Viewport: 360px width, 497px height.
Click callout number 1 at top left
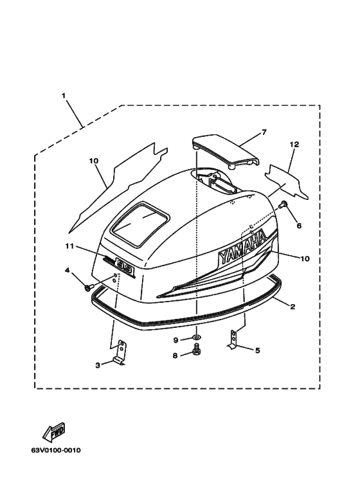pyautogui.click(x=64, y=95)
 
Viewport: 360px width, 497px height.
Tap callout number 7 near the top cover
pyautogui.click(x=264, y=132)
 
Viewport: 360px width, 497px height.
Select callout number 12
pyautogui.click(x=294, y=145)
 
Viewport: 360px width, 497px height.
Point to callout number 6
pyautogui.click(x=299, y=226)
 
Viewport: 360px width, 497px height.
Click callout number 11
pyautogui.click(x=69, y=246)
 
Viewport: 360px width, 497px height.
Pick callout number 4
pyautogui.click(x=67, y=270)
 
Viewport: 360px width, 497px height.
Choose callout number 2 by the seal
pyautogui.click(x=292, y=307)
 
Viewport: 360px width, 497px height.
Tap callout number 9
pyautogui.click(x=176, y=340)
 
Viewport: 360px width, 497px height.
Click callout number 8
pyautogui.click(x=175, y=356)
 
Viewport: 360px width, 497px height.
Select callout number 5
pyautogui.click(x=257, y=350)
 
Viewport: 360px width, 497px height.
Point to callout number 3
pyautogui.click(x=98, y=365)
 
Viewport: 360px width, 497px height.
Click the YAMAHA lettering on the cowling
pyautogui.click(x=242, y=248)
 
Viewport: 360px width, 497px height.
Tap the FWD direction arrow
pyautogui.click(x=54, y=432)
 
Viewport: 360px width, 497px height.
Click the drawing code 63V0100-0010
pyautogui.click(x=56, y=451)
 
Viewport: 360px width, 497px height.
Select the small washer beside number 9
pyautogui.click(x=197, y=336)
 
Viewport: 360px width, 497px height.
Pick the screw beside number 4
pyautogui.click(x=88, y=287)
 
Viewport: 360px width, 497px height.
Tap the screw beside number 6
pyautogui.click(x=282, y=204)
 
